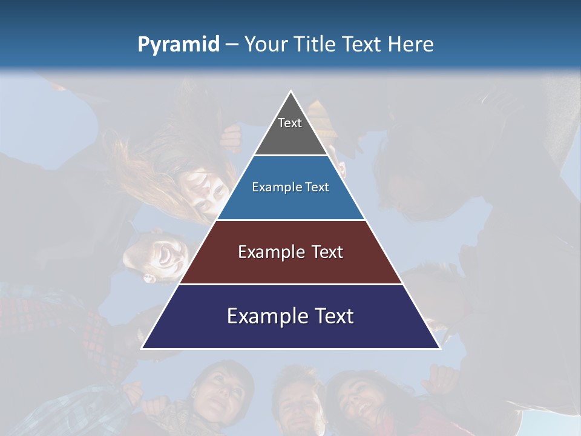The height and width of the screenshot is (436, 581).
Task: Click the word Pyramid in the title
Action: pyautogui.click(x=178, y=45)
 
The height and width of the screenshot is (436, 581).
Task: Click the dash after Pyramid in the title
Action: pyautogui.click(x=232, y=45)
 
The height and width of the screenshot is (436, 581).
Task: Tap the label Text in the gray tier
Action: pyautogui.click(x=290, y=123)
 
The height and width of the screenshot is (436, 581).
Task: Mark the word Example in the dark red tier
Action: pyautogui.click(x=269, y=252)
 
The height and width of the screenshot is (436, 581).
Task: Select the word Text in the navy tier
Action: pyautogui.click(x=332, y=316)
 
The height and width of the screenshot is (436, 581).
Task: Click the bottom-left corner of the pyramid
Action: pyautogui.click(x=142, y=348)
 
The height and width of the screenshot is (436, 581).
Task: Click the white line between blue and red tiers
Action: pyautogui.click(x=290, y=220)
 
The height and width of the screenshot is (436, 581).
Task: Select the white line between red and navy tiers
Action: pyautogui.click(x=290, y=284)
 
